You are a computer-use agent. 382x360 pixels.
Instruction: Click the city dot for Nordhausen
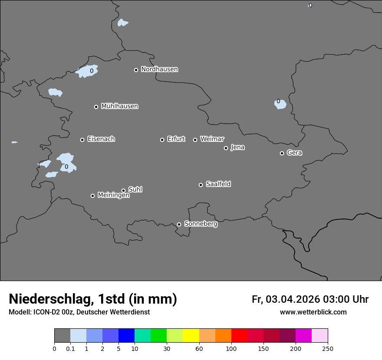[136, 70]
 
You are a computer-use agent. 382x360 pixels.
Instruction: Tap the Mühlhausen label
[119, 106]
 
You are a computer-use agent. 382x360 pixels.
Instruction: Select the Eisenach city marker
[82, 140]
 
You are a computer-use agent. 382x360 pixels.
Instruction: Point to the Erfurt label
[176, 139]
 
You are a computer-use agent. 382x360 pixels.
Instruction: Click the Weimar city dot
[195, 140]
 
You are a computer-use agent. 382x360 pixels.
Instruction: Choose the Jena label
[237, 147]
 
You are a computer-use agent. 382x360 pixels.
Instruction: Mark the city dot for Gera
[282, 153]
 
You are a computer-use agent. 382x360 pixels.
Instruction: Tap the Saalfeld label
[218, 184]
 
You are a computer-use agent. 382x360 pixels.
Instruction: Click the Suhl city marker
[123, 190]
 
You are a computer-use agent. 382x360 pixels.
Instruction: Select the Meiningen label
[113, 196]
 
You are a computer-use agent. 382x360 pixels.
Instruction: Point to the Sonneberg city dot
[179, 224]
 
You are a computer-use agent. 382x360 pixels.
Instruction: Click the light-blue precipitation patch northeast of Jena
[280, 104]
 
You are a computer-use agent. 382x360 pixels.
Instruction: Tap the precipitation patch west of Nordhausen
[87, 72]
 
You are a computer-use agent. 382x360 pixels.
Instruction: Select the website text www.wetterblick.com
[313, 312]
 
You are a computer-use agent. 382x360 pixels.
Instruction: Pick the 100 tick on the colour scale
[231, 348]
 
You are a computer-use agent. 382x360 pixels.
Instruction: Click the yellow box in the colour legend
[191, 336]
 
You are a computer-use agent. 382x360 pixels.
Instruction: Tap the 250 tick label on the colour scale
[328, 348]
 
